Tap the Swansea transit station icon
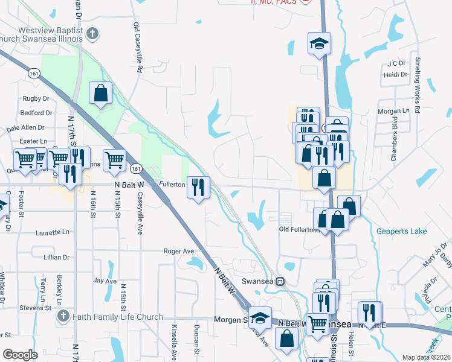[280, 281]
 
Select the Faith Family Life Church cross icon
[62, 317]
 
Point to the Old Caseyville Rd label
[137, 48]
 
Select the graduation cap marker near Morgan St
[260, 317]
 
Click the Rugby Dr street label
[36, 98]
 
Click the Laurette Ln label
[53, 232]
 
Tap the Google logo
[20, 355]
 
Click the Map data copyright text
[426, 357]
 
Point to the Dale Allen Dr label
[25, 128]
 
